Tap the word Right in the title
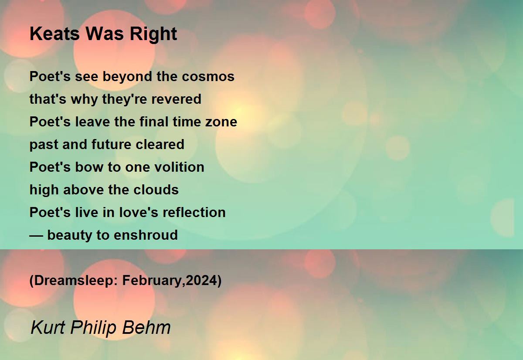[x=153, y=34]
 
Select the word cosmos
[x=208, y=77]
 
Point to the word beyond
[x=127, y=77]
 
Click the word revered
[x=176, y=99]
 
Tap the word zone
[x=221, y=122]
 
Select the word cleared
[x=160, y=144]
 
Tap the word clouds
[x=156, y=190]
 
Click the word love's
[x=139, y=212]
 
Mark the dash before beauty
[x=36, y=236]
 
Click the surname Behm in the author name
[x=146, y=327]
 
